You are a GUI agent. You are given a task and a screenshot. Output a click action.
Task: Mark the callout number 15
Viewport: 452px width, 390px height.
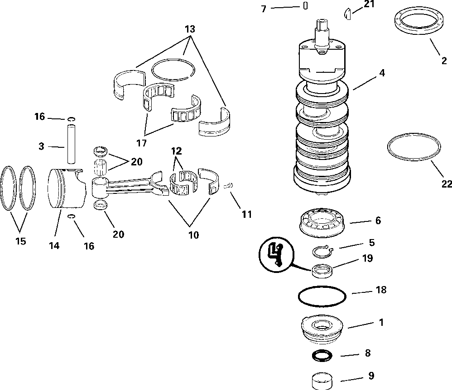pos(20,241)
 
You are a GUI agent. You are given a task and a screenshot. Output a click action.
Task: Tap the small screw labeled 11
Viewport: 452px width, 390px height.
pos(229,185)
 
